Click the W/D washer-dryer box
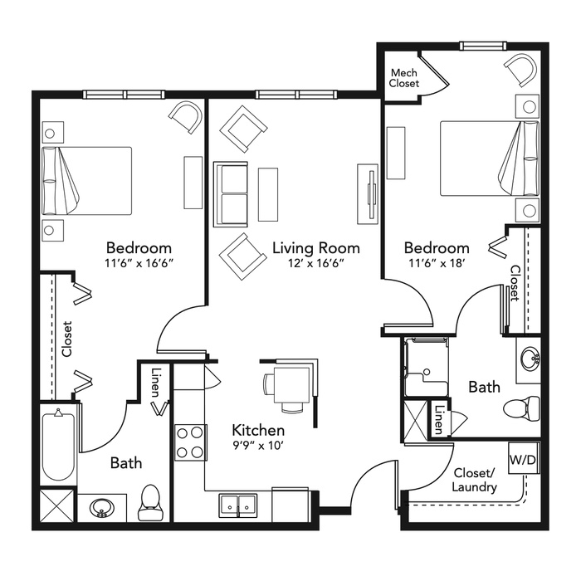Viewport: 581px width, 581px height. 523,458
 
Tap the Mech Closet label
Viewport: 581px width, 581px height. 404,78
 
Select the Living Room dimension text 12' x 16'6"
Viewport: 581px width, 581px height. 316,263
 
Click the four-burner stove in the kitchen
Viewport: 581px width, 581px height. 190,442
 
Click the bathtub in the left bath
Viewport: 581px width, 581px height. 58,447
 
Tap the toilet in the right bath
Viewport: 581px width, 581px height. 522,409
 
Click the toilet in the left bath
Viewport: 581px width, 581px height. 150,502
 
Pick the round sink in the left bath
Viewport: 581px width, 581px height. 101,508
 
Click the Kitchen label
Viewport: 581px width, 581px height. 258,430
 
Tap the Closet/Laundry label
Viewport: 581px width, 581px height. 474,480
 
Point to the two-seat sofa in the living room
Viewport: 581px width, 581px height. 231,194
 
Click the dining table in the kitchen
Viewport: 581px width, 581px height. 291,385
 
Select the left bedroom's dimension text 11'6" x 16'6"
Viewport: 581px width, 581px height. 139,263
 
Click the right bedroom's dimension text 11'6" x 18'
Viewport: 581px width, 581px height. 437,263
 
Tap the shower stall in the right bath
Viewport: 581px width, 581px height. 427,367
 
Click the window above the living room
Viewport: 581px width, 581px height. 296,95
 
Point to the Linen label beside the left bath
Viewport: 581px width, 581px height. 156,382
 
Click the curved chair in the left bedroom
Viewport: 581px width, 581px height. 186,117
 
